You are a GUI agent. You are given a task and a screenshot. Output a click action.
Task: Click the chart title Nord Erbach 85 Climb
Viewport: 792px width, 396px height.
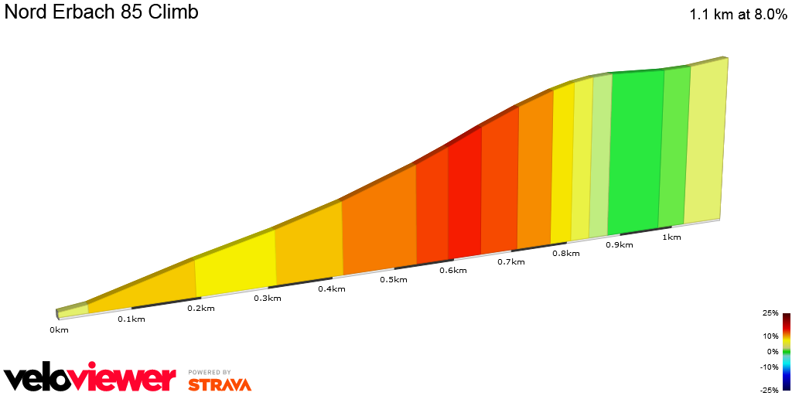click(101, 12)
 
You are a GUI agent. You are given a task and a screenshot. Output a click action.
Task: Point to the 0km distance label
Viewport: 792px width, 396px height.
click(59, 330)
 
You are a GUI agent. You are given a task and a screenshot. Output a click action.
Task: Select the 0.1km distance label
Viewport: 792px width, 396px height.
click(131, 319)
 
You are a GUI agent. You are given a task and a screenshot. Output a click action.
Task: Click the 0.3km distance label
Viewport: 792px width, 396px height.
click(267, 298)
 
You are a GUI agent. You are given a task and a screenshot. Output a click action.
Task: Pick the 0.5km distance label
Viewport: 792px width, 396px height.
click(393, 279)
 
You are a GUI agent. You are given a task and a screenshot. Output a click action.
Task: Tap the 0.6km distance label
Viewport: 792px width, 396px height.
click(452, 270)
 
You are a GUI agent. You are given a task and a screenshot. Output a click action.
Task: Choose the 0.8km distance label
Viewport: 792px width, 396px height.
click(566, 253)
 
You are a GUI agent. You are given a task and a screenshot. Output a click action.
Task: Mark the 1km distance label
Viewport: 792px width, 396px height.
click(671, 237)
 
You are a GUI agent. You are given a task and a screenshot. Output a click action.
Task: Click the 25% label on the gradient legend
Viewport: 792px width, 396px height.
click(770, 313)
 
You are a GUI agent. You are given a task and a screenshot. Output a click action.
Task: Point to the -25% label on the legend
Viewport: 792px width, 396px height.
click(768, 389)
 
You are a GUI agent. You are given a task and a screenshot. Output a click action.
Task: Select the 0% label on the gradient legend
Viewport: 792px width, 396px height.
click(772, 351)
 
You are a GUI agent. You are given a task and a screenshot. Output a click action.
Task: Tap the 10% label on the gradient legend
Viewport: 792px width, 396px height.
click(770, 336)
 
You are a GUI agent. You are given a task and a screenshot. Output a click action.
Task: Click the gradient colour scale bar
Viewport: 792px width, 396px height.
click(786, 351)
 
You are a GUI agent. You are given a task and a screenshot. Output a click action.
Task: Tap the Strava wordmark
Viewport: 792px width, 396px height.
click(220, 384)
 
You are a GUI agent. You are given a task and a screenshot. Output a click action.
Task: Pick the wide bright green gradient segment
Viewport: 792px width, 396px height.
click(636, 152)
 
